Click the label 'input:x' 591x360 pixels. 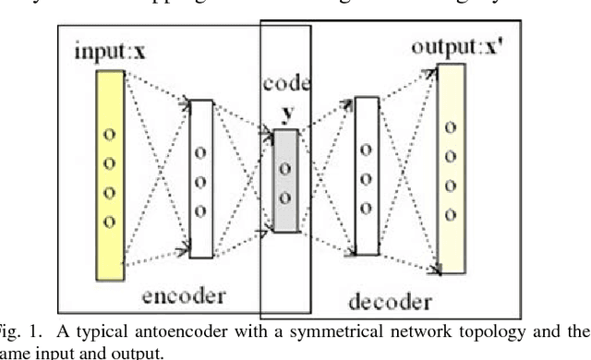[x=109, y=52]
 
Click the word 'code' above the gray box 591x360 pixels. [x=286, y=82]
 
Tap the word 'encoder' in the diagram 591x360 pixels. [x=185, y=295]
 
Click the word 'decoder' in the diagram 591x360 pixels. [x=391, y=302]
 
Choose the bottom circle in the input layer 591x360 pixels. [x=108, y=221]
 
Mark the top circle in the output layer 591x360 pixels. [x=450, y=128]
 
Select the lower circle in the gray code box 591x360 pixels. [x=284, y=195]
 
